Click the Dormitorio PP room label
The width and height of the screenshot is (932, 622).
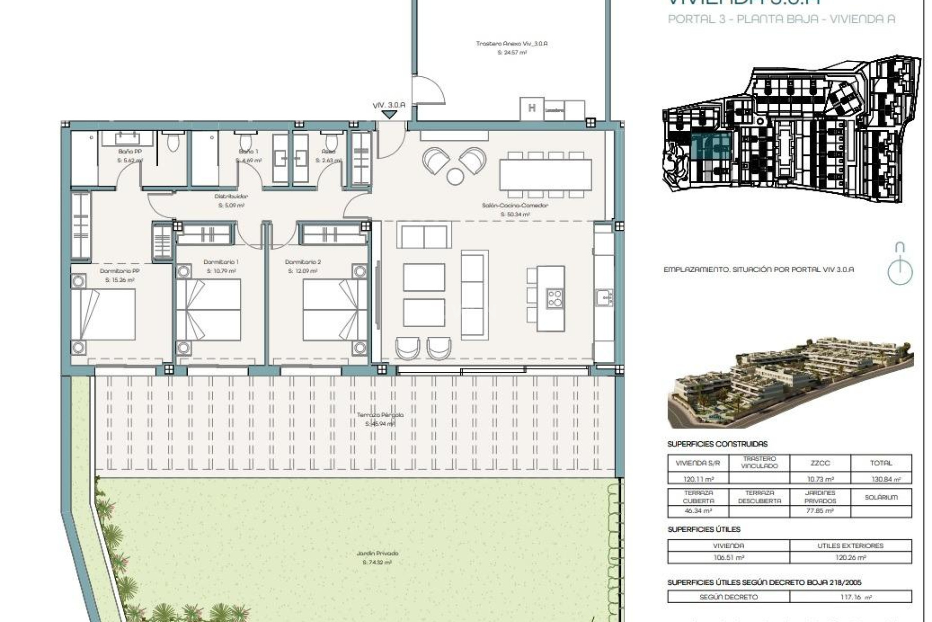pyautogui.click(x=120, y=271)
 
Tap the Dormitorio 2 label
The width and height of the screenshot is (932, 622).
pyautogui.click(x=303, y=262)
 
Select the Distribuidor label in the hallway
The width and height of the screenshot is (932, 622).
pyautogui.click(x=231, y=197)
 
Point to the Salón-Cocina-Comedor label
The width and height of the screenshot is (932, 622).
pyautogui.click(x=515, y=206)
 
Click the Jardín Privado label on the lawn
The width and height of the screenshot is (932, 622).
pyautogui.click(x=377, y=553)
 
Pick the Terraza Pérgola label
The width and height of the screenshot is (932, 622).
pyautogui.click(x=380, y=415)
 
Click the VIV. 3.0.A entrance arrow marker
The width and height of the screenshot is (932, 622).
pyautogui.click(x=389, y=115)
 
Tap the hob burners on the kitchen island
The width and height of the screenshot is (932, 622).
pyautogui.click(x=555, y=298)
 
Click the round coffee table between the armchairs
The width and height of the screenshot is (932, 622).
pyautogui.click(x=455, y=176)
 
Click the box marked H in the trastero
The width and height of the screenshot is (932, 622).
pyautogui.click(x=532, y=109)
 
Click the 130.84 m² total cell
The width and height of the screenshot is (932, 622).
pyautogui.click(x=881, y=479)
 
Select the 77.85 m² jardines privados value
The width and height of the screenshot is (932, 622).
pyautogui.click(x=820, y=511)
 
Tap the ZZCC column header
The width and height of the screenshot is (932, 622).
pyautogui.click(x=820, y=463)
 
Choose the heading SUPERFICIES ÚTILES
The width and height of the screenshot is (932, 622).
pyautogui.click(x=704, y=529)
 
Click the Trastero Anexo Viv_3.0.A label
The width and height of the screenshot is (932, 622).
pyautogui.click(x=512, y=44)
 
